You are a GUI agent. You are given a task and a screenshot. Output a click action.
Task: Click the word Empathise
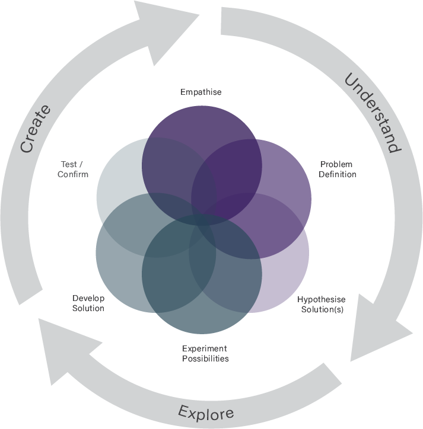[201, 92]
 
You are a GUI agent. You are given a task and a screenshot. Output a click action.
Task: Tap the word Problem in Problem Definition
[336, 164]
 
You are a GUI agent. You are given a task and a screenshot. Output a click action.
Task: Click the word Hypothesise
[321, 299]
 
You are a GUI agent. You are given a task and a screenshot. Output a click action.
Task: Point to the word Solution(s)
[322, 309]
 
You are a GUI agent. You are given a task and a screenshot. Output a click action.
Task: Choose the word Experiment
[204, 348]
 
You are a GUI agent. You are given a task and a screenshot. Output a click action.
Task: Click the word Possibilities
[205, 358]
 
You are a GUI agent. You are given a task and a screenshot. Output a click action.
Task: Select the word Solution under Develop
[88, 308]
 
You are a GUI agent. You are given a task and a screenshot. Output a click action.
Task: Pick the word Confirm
[73, 174]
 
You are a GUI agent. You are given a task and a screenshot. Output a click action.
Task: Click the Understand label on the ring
[371, 112]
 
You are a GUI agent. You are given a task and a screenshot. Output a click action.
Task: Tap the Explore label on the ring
[206, 412]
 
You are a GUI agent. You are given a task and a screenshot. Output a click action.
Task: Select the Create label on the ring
[35, 129]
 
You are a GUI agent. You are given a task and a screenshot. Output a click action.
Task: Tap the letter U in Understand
[351, 81]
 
